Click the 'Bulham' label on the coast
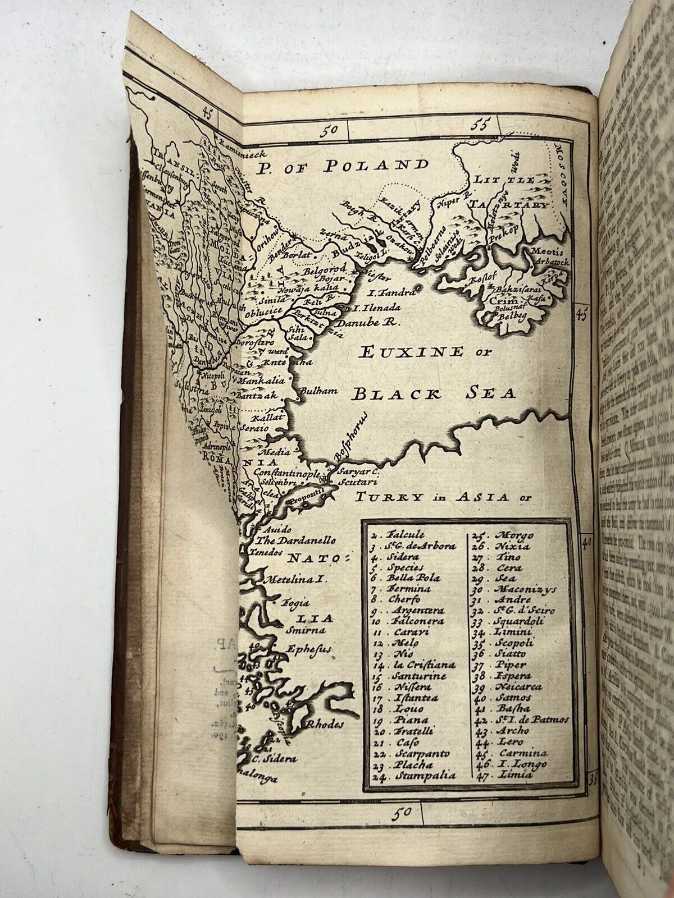pyautogui.click(x=318, y=390)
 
